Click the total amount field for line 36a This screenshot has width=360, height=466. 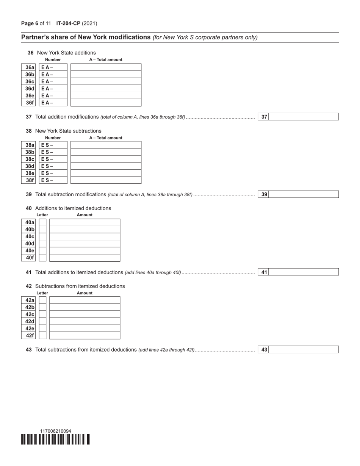point(106,67)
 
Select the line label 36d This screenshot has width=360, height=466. point(30,89)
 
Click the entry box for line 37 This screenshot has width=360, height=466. point(304,117)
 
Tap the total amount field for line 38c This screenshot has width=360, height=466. point(106,159)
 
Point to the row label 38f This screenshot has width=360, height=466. point(30,180)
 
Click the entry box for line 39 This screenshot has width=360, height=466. point(304,194)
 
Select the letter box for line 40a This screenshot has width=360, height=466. point(42,222)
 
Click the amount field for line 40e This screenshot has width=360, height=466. point(85,251)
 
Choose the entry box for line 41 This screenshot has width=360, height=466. point(304,272)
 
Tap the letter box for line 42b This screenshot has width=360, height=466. point(42,307)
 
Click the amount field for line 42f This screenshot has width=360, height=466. point(85,336)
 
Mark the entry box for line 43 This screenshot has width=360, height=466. point(304,350)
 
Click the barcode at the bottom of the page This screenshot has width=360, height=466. point(56,439)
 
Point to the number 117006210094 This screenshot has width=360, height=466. point(56,431)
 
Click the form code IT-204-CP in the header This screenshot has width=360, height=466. point(68,23)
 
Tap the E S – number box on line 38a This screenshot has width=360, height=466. point(53,145)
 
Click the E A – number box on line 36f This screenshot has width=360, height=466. point(53,103)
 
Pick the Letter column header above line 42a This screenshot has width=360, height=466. point(42,293)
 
